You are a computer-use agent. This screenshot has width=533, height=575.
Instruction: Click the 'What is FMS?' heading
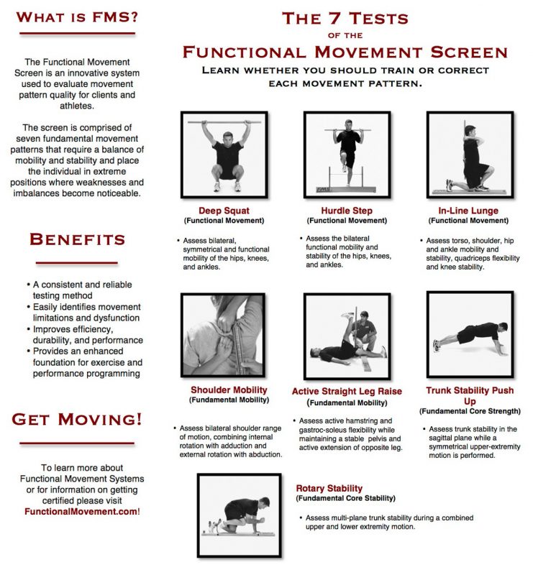click(76, 16)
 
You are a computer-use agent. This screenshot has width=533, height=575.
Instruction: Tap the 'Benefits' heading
click(77, 240)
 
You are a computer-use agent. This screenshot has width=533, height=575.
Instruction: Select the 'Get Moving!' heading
click(77, 418)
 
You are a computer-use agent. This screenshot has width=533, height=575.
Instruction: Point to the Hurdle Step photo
click(347, 155)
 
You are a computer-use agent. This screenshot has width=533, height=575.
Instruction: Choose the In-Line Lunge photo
click(470, 155)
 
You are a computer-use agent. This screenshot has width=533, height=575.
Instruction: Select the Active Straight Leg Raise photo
click(347, 336)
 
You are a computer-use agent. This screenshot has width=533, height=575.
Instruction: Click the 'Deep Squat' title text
click(224, 211)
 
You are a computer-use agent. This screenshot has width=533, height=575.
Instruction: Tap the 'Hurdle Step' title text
click(347, 211)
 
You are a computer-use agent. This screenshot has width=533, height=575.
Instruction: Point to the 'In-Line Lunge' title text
click(469, 211)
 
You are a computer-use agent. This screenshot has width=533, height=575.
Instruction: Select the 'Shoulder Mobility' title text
click(229, 390)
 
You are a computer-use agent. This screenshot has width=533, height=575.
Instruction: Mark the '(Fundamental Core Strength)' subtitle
click(469, 411)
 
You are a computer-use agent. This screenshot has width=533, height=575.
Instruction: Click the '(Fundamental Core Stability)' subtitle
click(345, 498)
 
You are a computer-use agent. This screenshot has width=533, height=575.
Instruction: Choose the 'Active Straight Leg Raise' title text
click(347, 392)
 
